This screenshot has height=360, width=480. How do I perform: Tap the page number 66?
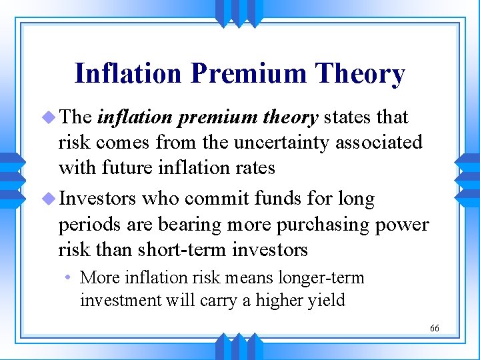tap(435, 329)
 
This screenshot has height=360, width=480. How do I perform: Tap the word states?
tap(348, 117)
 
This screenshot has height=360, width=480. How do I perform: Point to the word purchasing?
tap(315, 224)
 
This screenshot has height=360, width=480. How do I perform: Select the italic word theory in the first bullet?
tap(289, 117)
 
